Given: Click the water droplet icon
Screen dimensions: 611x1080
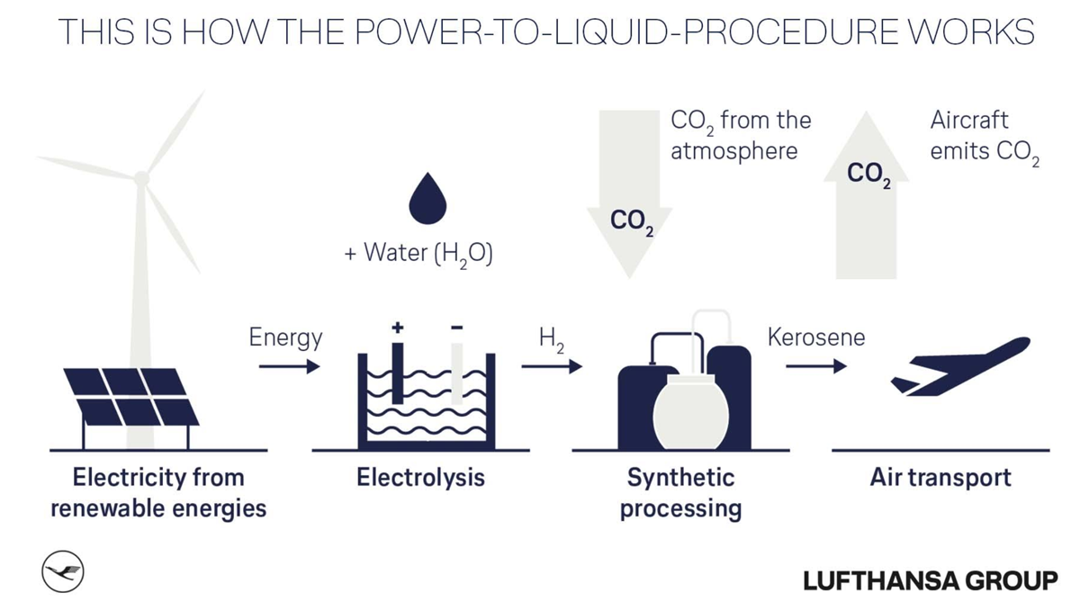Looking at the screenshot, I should [x=427, y=201].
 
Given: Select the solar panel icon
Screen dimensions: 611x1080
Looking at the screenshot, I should [x=129, y=397].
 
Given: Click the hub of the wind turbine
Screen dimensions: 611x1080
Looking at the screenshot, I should [x=141, y=178].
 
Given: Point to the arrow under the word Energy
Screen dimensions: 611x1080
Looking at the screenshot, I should [x=289, y=366].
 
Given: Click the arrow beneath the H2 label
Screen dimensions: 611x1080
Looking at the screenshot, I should [x=551, y=366].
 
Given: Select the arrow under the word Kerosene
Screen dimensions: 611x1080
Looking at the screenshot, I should [x=815, y=366].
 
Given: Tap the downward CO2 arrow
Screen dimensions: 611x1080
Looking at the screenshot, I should [x=629, y=193].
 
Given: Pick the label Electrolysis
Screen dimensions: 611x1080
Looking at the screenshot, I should [x=420, y=477].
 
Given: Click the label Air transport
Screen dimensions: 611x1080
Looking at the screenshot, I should [x=940, y=477].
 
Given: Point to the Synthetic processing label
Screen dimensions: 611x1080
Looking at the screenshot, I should [x=680, y=492].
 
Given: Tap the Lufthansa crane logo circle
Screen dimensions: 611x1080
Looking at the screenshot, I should [x=63, y=572].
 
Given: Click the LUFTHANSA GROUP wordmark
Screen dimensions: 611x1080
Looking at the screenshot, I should [x=931, y=580].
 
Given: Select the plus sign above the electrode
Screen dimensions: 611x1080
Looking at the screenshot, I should [x=397, y=328].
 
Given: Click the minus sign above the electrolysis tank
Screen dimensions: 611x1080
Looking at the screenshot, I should [x=457, y=328].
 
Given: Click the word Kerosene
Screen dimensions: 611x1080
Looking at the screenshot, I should [x=815, y=337].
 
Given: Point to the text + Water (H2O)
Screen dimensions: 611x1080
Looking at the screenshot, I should [x=419, y=254].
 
